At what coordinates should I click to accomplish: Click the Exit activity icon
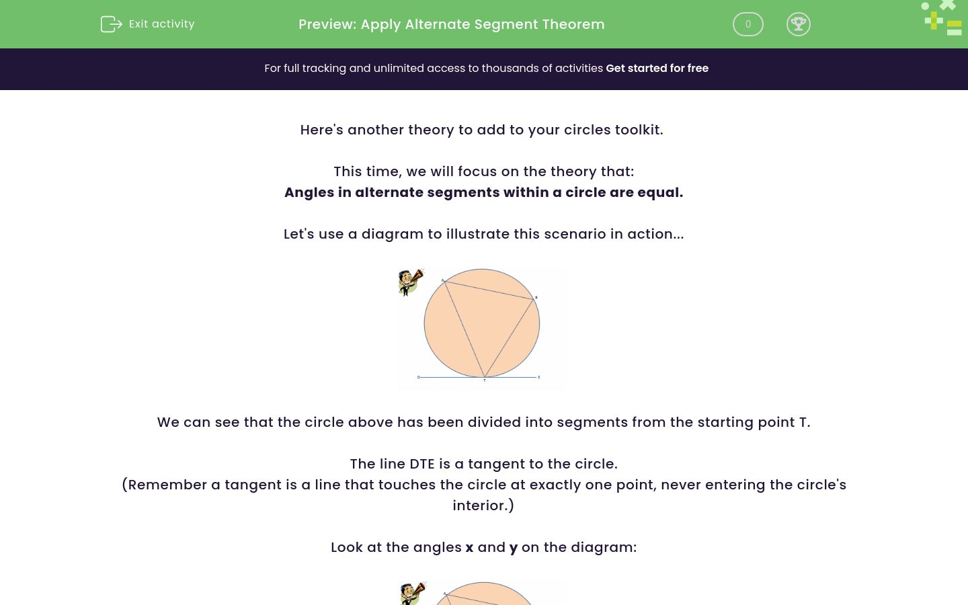click(111, 24)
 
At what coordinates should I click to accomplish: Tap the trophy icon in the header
click(798, 24)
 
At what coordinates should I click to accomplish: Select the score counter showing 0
click(748, 24)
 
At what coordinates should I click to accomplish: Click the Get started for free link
click(657, 69)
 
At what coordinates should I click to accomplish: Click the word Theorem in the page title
click(573, 24)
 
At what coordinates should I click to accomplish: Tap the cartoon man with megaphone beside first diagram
click(410, 282)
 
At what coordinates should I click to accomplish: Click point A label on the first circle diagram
click(442, 280)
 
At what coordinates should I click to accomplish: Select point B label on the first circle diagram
click(536, 297)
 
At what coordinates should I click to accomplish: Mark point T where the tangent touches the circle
click(484, 378)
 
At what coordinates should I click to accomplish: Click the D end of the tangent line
click(418, 377)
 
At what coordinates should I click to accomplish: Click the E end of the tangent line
click(539, 377)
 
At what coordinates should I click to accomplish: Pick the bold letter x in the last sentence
click(469, 547)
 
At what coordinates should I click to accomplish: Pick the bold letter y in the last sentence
click(514, 548)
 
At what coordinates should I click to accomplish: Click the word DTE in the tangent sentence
click(421, 464)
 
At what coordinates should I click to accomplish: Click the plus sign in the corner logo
click(933, 20)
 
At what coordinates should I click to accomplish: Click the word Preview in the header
click(326, 24)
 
